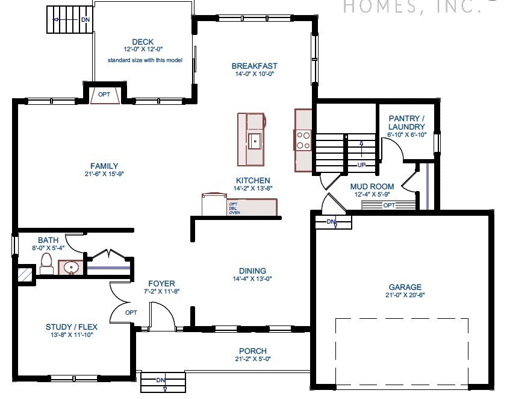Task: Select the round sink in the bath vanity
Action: coord(72,266)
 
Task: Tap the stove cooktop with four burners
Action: coord(303,140)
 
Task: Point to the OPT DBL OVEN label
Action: coord(234,208)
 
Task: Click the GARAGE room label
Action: coord(405,287)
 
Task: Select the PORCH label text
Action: coord(252,351)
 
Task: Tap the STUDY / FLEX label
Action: coord(70,327)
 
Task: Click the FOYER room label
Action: coord(161,283)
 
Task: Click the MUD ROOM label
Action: coord(372,186)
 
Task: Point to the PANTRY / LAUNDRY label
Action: coord(406,123)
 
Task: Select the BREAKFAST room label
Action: coord(254,66)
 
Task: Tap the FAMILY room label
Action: coord(104,166)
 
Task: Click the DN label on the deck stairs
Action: coord(86,19)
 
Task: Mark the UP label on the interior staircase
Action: coord(361,164)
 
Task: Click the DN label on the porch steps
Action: coord(160,380)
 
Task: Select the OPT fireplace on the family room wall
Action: coord(104,95)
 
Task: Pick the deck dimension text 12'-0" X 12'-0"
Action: coord(143,49)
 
